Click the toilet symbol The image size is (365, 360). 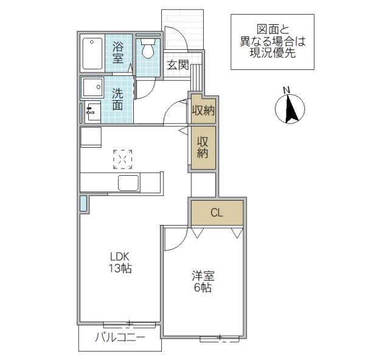(x=147, y=50)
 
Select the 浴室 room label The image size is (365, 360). (x=119, y=53)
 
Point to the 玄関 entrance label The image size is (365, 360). (x=178, y=65)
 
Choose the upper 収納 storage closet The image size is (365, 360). (x=203, y=110)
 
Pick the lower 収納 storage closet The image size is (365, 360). (x=202, y=147)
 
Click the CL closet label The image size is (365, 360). (x=217, y=213)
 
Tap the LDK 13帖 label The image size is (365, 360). (x=120, y=261)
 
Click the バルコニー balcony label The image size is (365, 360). (x=120, y=339)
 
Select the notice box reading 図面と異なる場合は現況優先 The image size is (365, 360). (x=272, y=41)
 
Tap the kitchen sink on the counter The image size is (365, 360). (x=128, y=182)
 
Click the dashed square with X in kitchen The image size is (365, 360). (x=123, y=159)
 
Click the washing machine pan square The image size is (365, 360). (x=93, y=88)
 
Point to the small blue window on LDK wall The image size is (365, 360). (x=83, y=204)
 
